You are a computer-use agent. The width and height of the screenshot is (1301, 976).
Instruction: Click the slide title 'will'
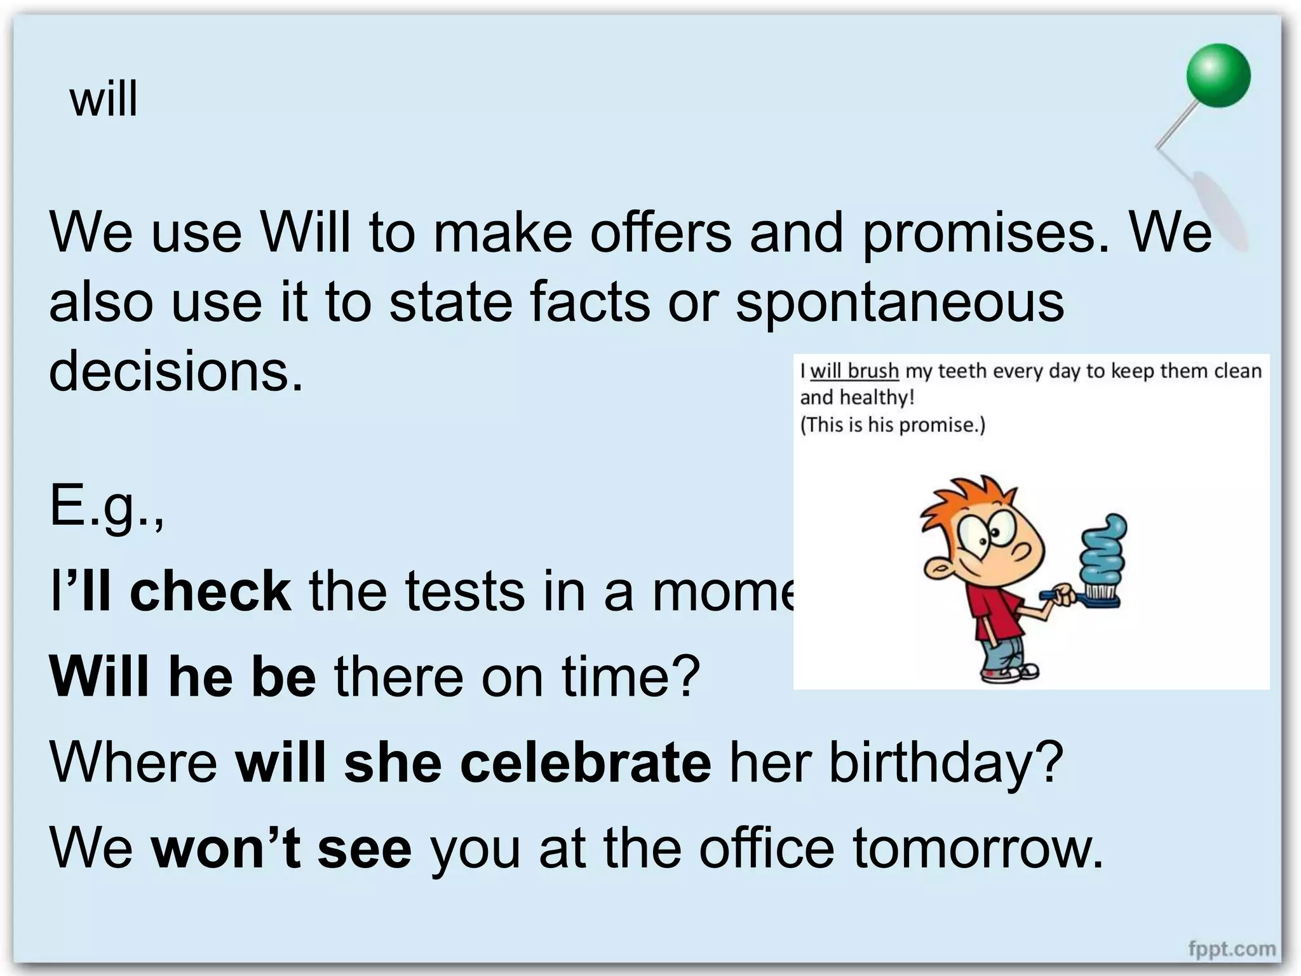tap(104, 100)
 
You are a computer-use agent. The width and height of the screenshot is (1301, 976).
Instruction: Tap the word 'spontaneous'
tap(900, 303)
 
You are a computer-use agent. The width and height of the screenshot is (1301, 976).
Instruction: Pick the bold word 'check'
tap(210, 591)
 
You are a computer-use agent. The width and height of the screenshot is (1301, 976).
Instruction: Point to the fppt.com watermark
tap(1232, 949)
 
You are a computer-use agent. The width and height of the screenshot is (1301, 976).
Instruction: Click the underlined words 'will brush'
tap(854, 370)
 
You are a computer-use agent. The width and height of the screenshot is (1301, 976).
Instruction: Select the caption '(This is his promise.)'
tap(893, 424)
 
